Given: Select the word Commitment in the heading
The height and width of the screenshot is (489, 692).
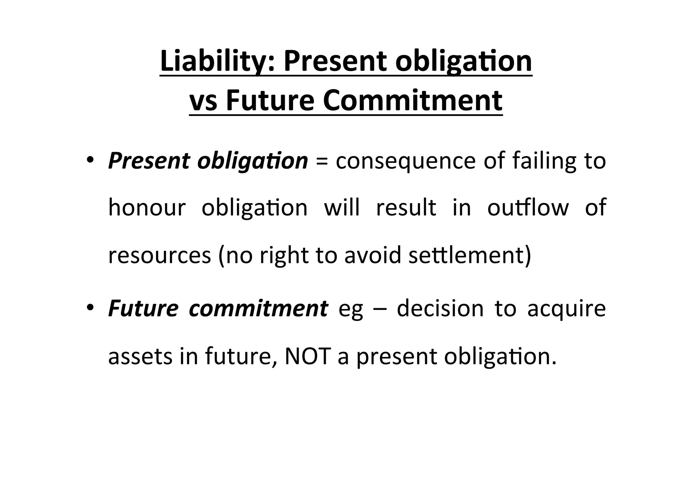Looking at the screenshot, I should point(413,101).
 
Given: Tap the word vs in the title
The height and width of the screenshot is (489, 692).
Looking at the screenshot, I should point(203,101).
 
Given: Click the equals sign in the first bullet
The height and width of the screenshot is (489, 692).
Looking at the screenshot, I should point(321,162).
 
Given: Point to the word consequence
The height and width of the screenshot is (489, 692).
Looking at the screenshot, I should point(405,162).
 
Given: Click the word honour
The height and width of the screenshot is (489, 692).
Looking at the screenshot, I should point(147,207).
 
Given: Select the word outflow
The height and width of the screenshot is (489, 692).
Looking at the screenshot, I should point(528,207).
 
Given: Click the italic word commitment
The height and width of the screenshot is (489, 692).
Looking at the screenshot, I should point(258,309).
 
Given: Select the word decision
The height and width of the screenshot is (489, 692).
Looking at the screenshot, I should point(440,309).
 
